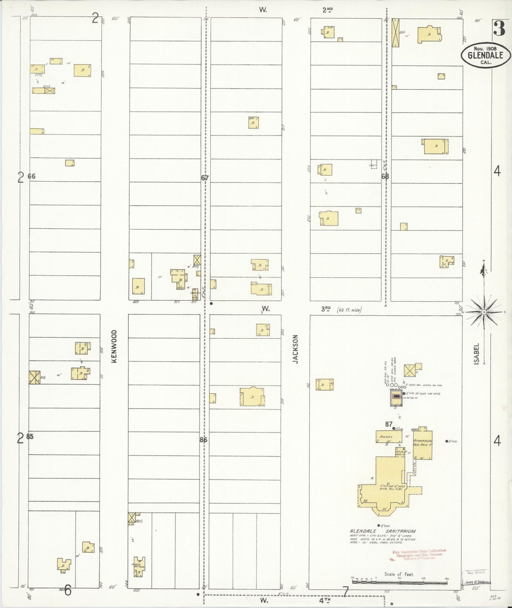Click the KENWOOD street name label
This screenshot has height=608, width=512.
pyautogui.click(x=114, y=346)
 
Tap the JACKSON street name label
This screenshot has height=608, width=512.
pyautogui.click(x=296, y=349)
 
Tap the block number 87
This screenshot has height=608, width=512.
pyautogui.click(x=389, y=424)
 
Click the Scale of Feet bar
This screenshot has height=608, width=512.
pyautogui.click(x=399, y=582)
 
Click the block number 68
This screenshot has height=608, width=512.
pyautogui.click(x=385, y=176)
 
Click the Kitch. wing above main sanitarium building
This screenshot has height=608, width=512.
pyautogui.click(x=400, y=452)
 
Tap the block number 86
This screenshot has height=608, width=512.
pyautogui.click(x=203, y=440)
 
